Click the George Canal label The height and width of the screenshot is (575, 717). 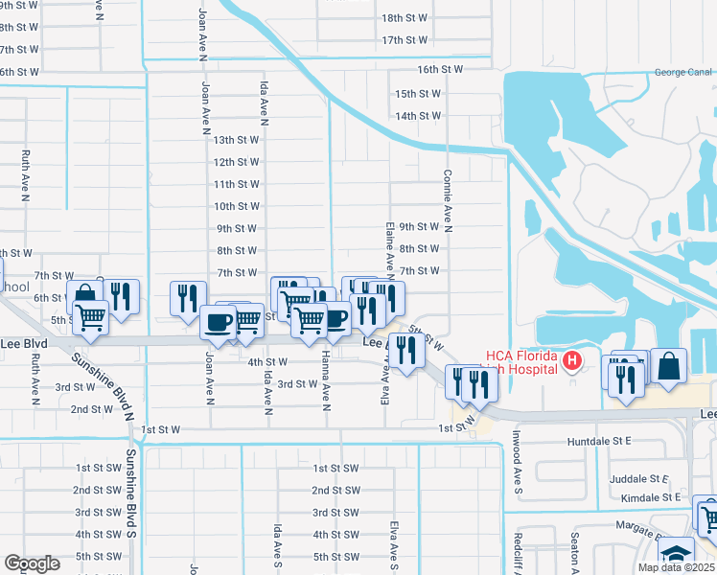(x=684, y=72)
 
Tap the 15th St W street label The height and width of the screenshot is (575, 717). (x=418, y=94)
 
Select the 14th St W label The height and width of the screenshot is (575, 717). (x=418, y=116)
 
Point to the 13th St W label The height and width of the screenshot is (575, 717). (x=237, y=140)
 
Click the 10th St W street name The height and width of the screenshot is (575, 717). (x=237, y=206)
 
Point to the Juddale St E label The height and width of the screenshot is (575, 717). (x=638, y=478)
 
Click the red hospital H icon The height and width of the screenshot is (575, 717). (x=572, y=361)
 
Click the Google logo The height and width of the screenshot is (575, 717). (x=33, y=563)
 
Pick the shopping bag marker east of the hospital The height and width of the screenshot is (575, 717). (x=669, y=366)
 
